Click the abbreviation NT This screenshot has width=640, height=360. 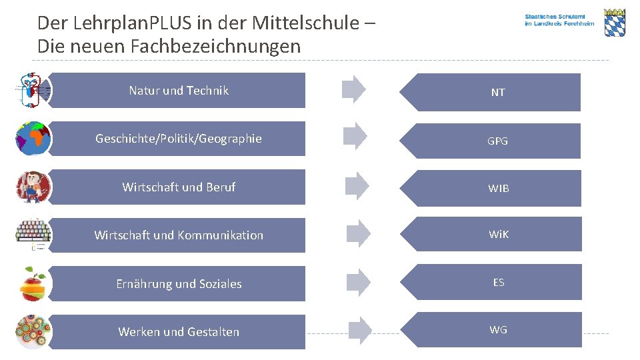pyautogui.click(x=498, y=93)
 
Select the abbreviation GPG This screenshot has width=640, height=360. pyautogui.click(x=498, y=141)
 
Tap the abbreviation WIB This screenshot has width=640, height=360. pyautogui.click(x=498, y=189)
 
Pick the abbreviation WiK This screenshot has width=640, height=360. pyautogui.click(x=498, y=235)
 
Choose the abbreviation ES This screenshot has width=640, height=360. pyautogui.click(x=498, y=282)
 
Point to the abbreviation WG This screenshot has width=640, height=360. pyautogui.click(x=498, y=329)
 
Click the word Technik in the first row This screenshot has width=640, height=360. pyautogui.click(x=207, y=91)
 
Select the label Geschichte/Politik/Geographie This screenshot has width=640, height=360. pyautogui.click(x=178, y=139)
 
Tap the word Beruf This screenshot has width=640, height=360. pyautogui.click(x=219, y=187)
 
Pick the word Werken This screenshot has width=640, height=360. pyautogui.click(x=139, y=332)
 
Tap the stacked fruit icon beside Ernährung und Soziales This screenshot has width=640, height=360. pyautogui.click(x=33, y=284)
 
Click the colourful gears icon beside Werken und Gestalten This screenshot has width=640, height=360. pyautogui.click(x=33, y=331)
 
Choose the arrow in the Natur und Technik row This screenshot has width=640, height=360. pyautogui.click(x=354, y=89)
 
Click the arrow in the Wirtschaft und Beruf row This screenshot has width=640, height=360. pyautogui.click(x=356, y=186)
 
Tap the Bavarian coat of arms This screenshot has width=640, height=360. pyautogui.click(x=614, y=23)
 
